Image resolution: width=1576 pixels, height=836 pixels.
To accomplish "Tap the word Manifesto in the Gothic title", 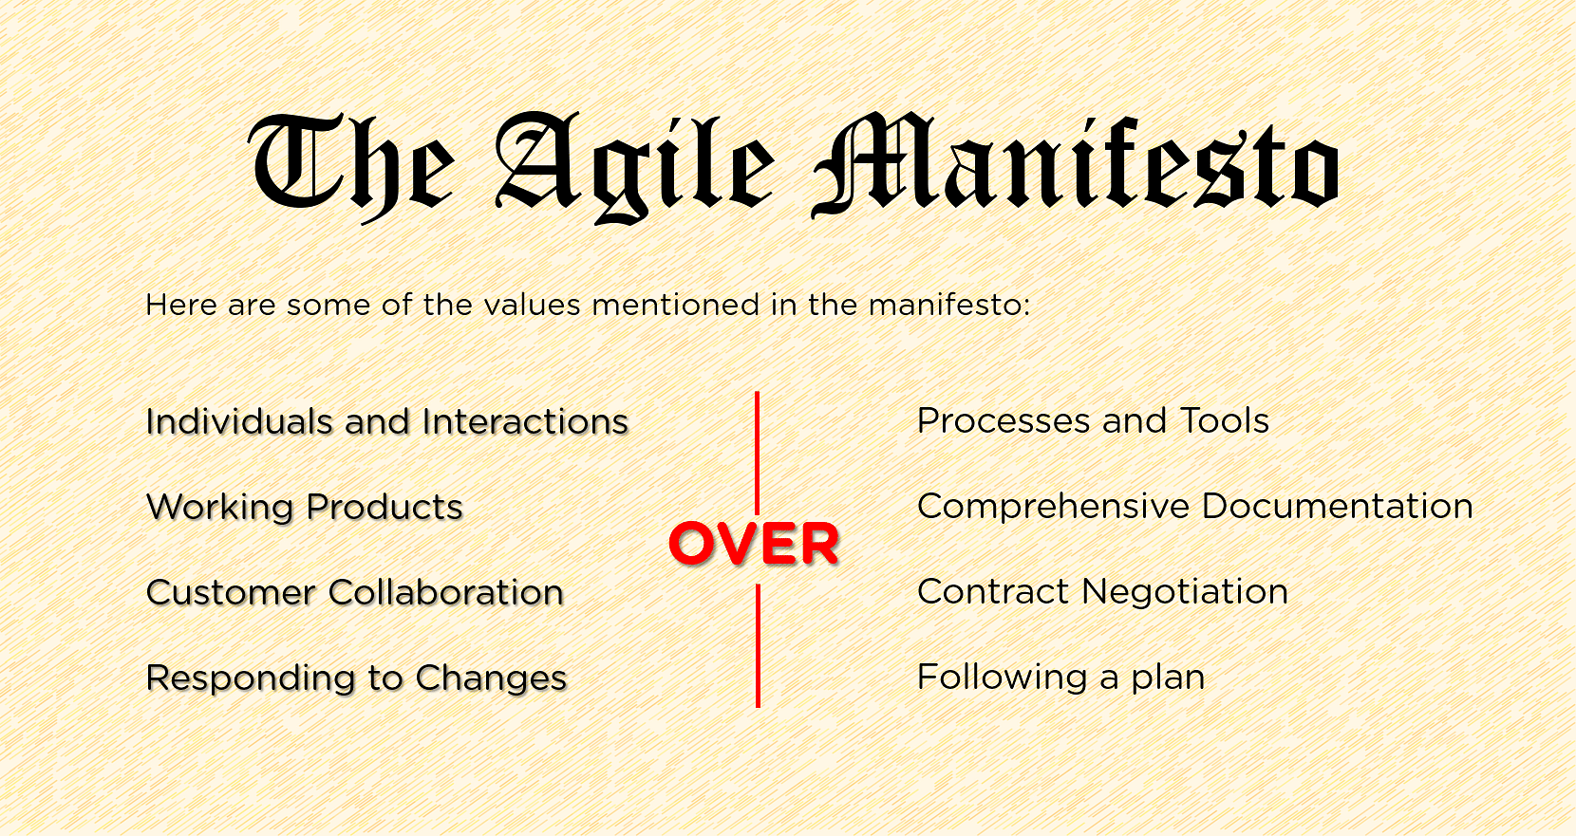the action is [x=1076, y=164].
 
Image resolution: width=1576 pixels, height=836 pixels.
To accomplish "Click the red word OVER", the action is [x=754, y=544].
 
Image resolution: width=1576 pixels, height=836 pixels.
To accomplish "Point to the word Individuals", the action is [x=238, y=422].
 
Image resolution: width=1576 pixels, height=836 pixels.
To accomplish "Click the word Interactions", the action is [x=525, y=422].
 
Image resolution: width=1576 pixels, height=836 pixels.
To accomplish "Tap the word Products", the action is [x=385, y=507].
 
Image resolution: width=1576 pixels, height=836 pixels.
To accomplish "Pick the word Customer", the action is [x=230, y=593].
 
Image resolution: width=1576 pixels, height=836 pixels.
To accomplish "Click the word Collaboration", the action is [x=446, y=593].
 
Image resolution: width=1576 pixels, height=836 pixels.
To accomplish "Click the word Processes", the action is [x=1004, y=420].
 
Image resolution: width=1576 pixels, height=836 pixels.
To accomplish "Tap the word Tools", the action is [x=1224, y=420].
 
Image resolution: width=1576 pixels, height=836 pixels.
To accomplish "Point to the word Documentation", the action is [x=1338, y=506].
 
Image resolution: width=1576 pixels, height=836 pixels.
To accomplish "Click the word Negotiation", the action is [x=1185, y=592].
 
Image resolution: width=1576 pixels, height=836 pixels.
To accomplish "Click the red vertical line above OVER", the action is [x=757, y=454].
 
